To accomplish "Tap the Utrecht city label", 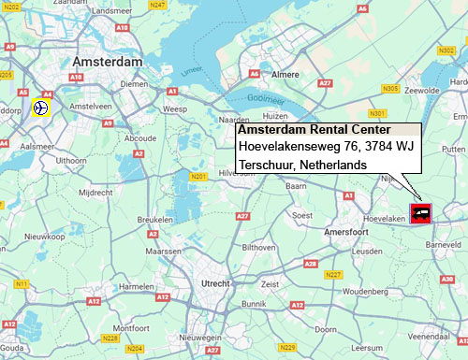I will click(x=222, y=282).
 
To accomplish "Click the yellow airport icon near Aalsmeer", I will click(x=40, y=108).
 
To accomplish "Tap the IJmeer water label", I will click(x=192, y=69).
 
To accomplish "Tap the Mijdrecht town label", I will click(x=95, y=193).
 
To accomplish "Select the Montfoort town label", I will click(x=130, y=328).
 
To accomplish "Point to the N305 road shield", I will click(x=390, y=88).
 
